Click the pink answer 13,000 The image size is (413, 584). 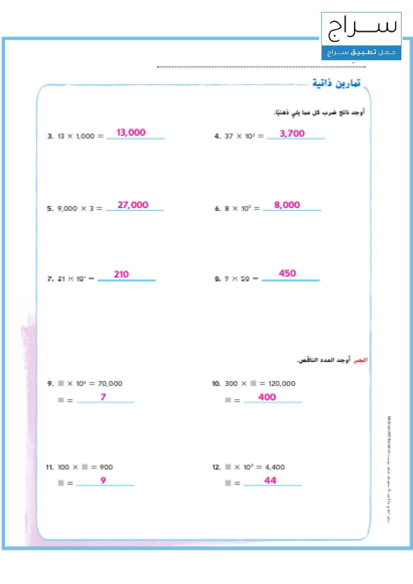[x=131, y=132]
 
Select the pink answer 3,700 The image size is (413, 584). [x=292, y=133]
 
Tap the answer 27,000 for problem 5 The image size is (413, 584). [x=133, y=205]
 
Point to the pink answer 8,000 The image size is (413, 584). [x=287, y=205]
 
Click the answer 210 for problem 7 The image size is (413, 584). [x=121, y=274]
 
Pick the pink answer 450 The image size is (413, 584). [x=287, y=273]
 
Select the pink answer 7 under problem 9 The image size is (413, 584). [x=103, y=397]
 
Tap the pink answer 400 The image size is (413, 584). [x=267, y=397]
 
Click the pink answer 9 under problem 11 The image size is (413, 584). [x=103, y=480]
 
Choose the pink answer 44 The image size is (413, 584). [x=270, y=480]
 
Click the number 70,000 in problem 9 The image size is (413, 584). [x=110, y=383]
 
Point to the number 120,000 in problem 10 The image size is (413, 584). [x=282, y=383]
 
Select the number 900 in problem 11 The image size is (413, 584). [x=106, y=467]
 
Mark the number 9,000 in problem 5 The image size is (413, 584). [x=67, y=208]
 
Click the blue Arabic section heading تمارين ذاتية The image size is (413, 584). [x=336, y=83]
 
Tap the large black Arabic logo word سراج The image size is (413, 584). [x=362, y=28]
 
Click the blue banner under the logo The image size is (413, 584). [x=361, y=53]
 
